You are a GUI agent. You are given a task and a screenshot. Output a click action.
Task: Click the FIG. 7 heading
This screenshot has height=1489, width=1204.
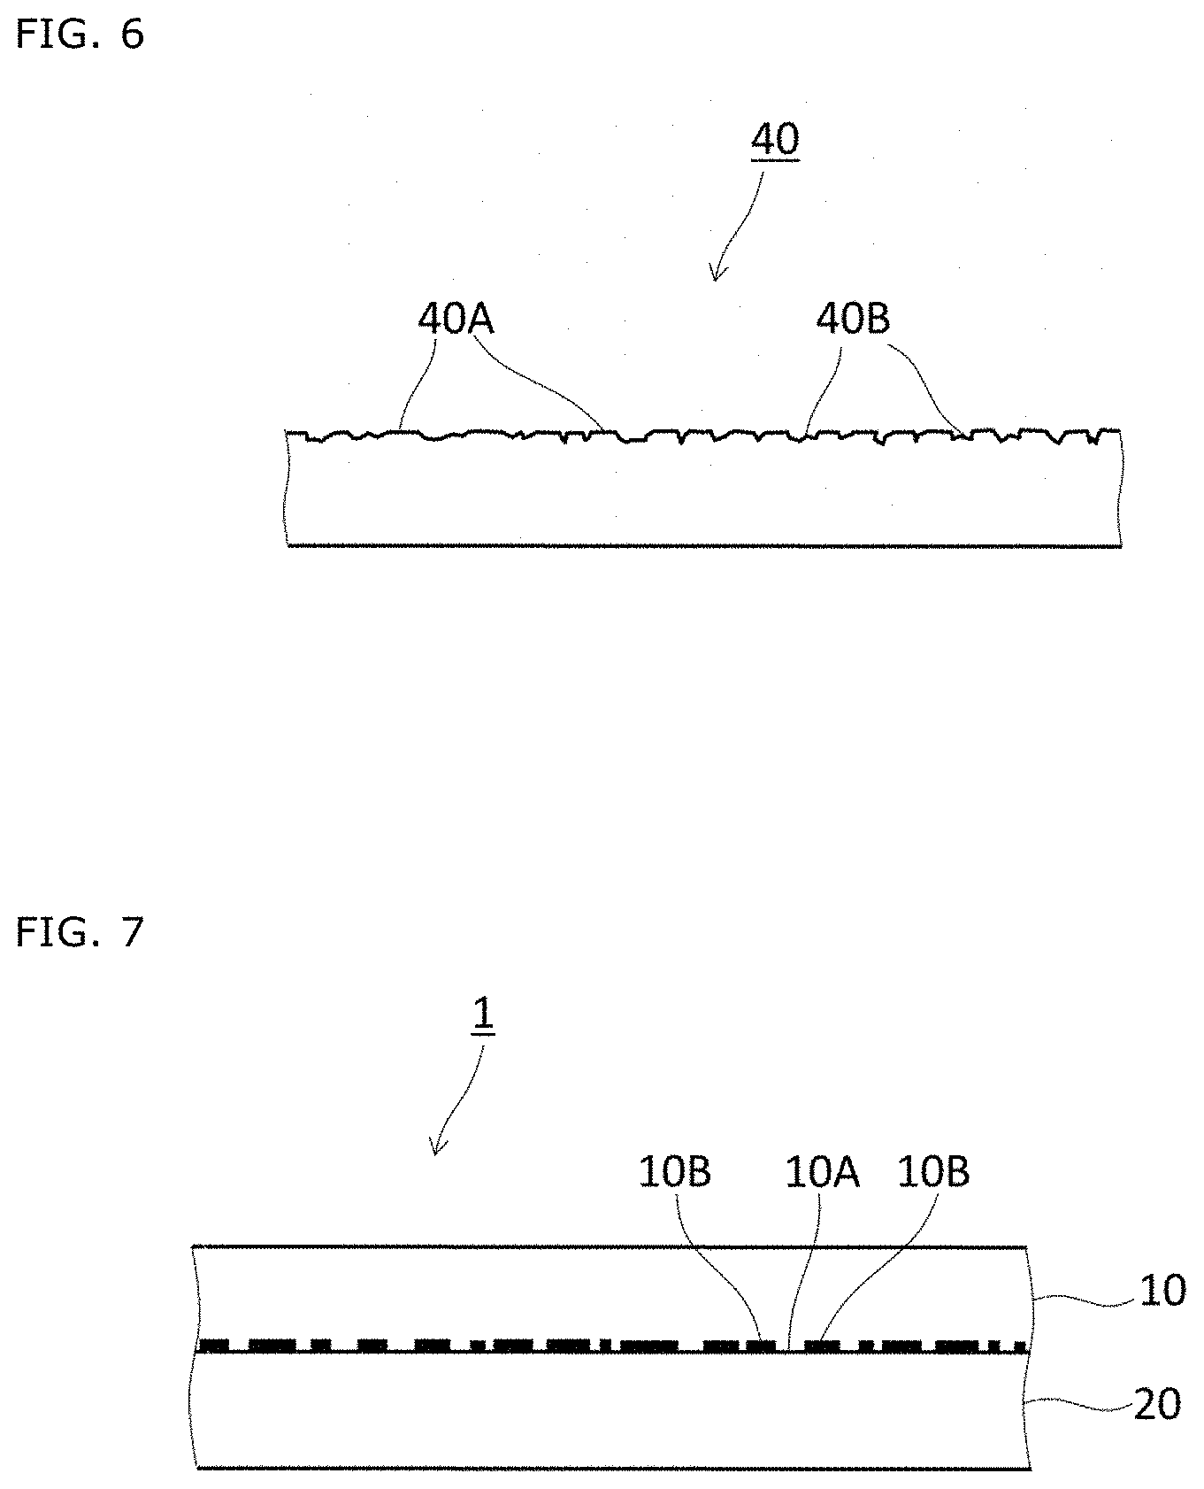(80, 932)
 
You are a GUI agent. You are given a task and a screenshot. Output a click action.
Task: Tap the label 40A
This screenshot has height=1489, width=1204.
(455, 320)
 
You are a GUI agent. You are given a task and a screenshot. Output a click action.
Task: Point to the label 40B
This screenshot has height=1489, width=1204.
(852, 320)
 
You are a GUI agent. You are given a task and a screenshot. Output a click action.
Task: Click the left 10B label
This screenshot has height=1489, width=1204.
(675, 1172)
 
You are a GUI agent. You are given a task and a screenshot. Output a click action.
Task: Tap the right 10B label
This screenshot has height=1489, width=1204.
(933, 1172)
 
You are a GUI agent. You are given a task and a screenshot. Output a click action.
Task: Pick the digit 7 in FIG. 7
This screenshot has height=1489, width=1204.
(132, 932)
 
